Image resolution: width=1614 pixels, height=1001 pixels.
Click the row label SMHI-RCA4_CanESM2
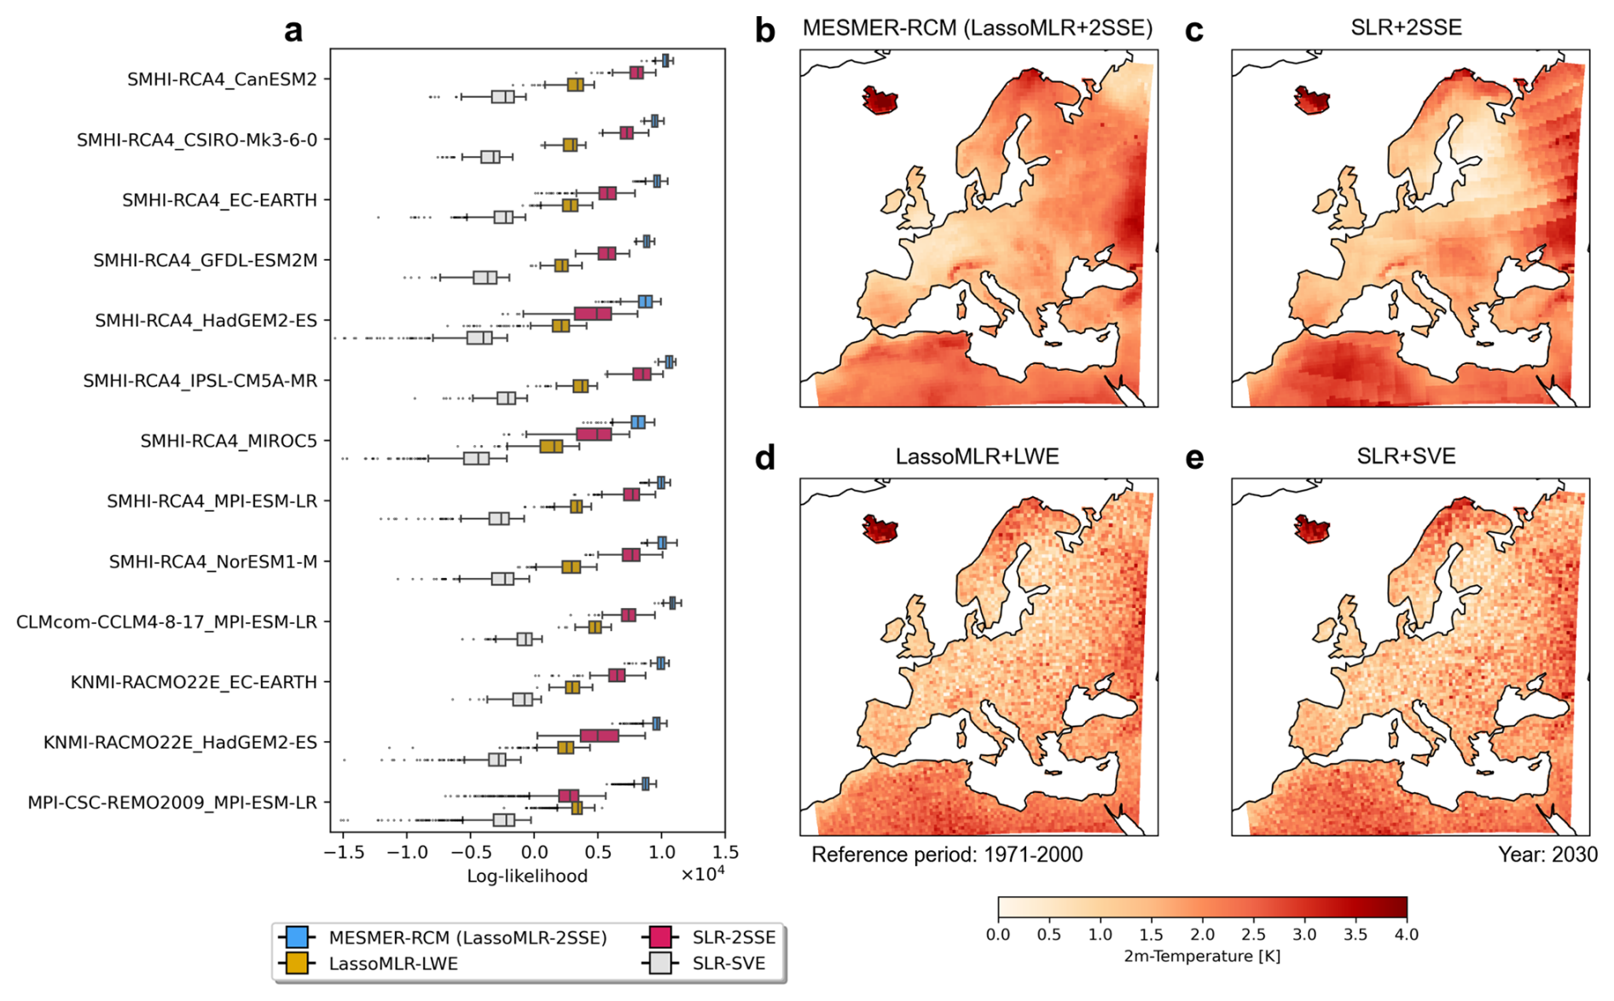click(x=222, y=79)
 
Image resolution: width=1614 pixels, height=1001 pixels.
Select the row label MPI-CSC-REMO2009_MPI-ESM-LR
click(x=171, y=802)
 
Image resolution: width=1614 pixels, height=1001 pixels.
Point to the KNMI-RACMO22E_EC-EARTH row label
click(x=194, y=682)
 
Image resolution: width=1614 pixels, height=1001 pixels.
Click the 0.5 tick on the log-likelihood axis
click(x=598, y=852)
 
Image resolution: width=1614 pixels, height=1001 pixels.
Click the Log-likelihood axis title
click(x=526, y=876)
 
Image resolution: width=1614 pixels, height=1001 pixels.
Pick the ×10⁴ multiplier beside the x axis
click(x=702, y=875)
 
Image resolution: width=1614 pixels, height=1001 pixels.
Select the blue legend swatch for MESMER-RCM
click(x=297, y=937)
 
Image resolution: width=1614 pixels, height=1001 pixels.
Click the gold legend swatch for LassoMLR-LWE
click(x=297, y=963)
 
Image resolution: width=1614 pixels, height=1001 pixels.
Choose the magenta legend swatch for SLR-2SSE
click(x=660, y=937)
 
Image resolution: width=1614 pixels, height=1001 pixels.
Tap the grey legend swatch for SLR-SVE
click(x=660, y=963)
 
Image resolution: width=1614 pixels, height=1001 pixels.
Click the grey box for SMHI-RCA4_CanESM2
click(x=503, y=96)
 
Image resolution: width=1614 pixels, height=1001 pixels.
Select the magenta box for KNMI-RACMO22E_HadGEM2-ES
click(x=599, y=736)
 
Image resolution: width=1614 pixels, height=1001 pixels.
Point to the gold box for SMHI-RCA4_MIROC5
click(x=551, y=446)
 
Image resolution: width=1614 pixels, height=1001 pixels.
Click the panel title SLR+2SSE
click(x=1406, y=27)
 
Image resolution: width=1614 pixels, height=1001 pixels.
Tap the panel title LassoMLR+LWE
click(x=977, y=456)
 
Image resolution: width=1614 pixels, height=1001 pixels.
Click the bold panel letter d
click(x=764, y=458)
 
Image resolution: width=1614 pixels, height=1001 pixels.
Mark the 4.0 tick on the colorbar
click(x=1406, y=934)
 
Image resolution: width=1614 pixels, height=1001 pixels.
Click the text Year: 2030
click(x=1547, y=854)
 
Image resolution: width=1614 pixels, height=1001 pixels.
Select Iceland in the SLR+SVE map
click(x=1311, y=529)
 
